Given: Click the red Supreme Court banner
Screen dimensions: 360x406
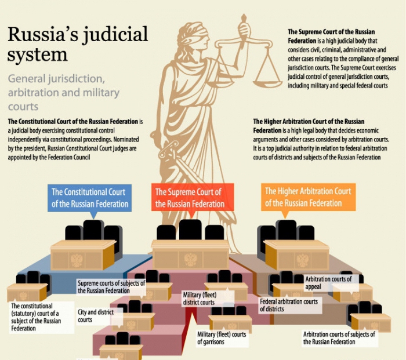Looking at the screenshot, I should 189,198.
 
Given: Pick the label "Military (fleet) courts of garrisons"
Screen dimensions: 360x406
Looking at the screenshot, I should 221,338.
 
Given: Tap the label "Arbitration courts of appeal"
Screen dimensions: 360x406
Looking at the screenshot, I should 328,283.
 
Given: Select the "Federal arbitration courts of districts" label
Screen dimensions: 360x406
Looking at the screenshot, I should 288,305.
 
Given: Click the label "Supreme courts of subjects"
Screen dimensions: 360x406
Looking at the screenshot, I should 111,286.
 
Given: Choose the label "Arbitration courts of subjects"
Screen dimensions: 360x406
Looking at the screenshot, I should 339,338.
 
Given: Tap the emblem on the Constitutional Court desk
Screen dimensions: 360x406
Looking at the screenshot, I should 77,259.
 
